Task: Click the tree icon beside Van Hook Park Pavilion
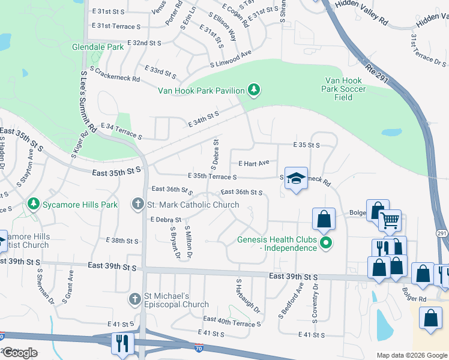click(255, 91)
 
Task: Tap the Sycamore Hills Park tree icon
click(33, 205)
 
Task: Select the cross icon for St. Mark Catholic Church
click(138, 205)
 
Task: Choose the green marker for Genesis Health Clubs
click(327, 243)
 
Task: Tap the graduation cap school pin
click(296, 178)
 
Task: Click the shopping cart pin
click(390, 221)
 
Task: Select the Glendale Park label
click(97, 46)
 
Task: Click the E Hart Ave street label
click(254, 163)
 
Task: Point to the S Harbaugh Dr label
click(248, 296)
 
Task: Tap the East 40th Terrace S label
click(232, 322)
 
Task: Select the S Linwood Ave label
click(231, 59)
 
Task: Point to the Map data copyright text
click(411, 355)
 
